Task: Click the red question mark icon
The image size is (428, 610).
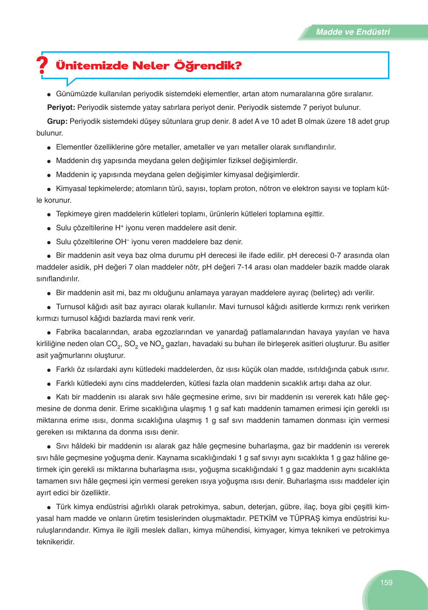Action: point(42,65)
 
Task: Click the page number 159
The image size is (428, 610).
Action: point(386,582)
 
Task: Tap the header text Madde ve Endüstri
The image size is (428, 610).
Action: point(353,32)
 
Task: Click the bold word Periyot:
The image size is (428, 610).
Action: point(61,108)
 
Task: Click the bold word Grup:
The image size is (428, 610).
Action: point(57,122)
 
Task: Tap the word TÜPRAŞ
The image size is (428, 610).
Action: point(305,518)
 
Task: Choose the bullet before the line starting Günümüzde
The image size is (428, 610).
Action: point(49,94)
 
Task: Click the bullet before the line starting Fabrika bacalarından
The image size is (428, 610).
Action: point(49,333)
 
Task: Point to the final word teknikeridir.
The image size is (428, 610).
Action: point(55,542)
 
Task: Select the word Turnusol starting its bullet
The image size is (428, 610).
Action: point(71,307)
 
